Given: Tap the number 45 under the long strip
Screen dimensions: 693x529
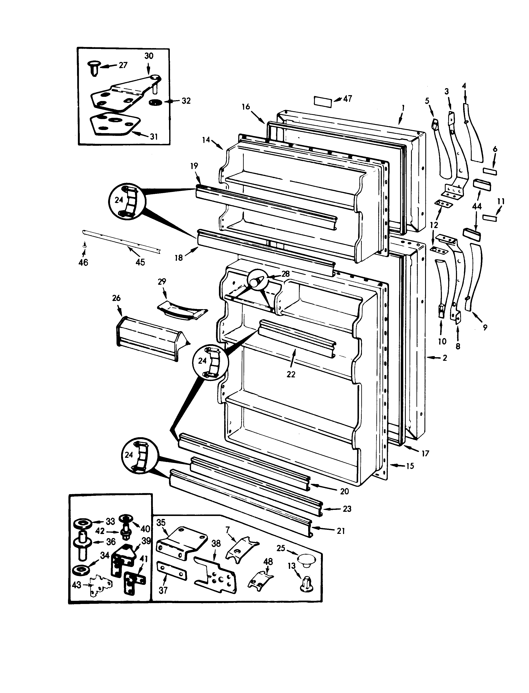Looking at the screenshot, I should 140,262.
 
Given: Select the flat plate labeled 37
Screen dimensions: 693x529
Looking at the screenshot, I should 172,571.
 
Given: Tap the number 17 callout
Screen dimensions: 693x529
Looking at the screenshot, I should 425,454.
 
